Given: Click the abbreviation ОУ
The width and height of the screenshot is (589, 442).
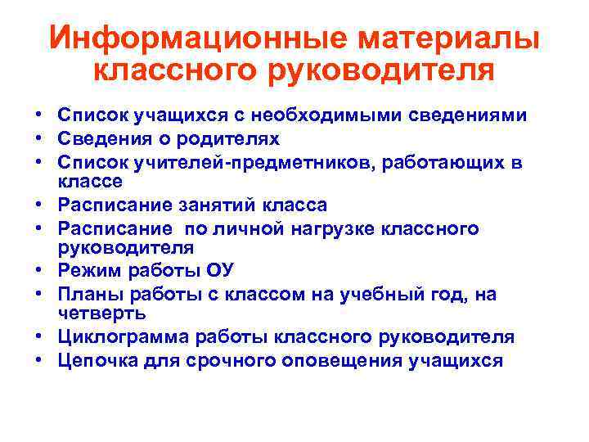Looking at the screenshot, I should click(x=219, y=270).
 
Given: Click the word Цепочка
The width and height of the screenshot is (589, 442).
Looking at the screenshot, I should click(x=95, y=360).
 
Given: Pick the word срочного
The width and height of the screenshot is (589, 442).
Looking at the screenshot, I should click(x=245, y=360).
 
